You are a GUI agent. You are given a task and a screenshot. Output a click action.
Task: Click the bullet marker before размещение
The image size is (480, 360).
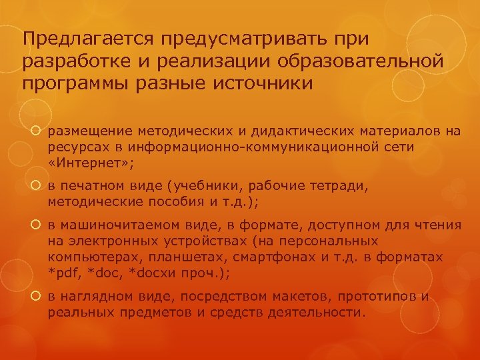37,131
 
